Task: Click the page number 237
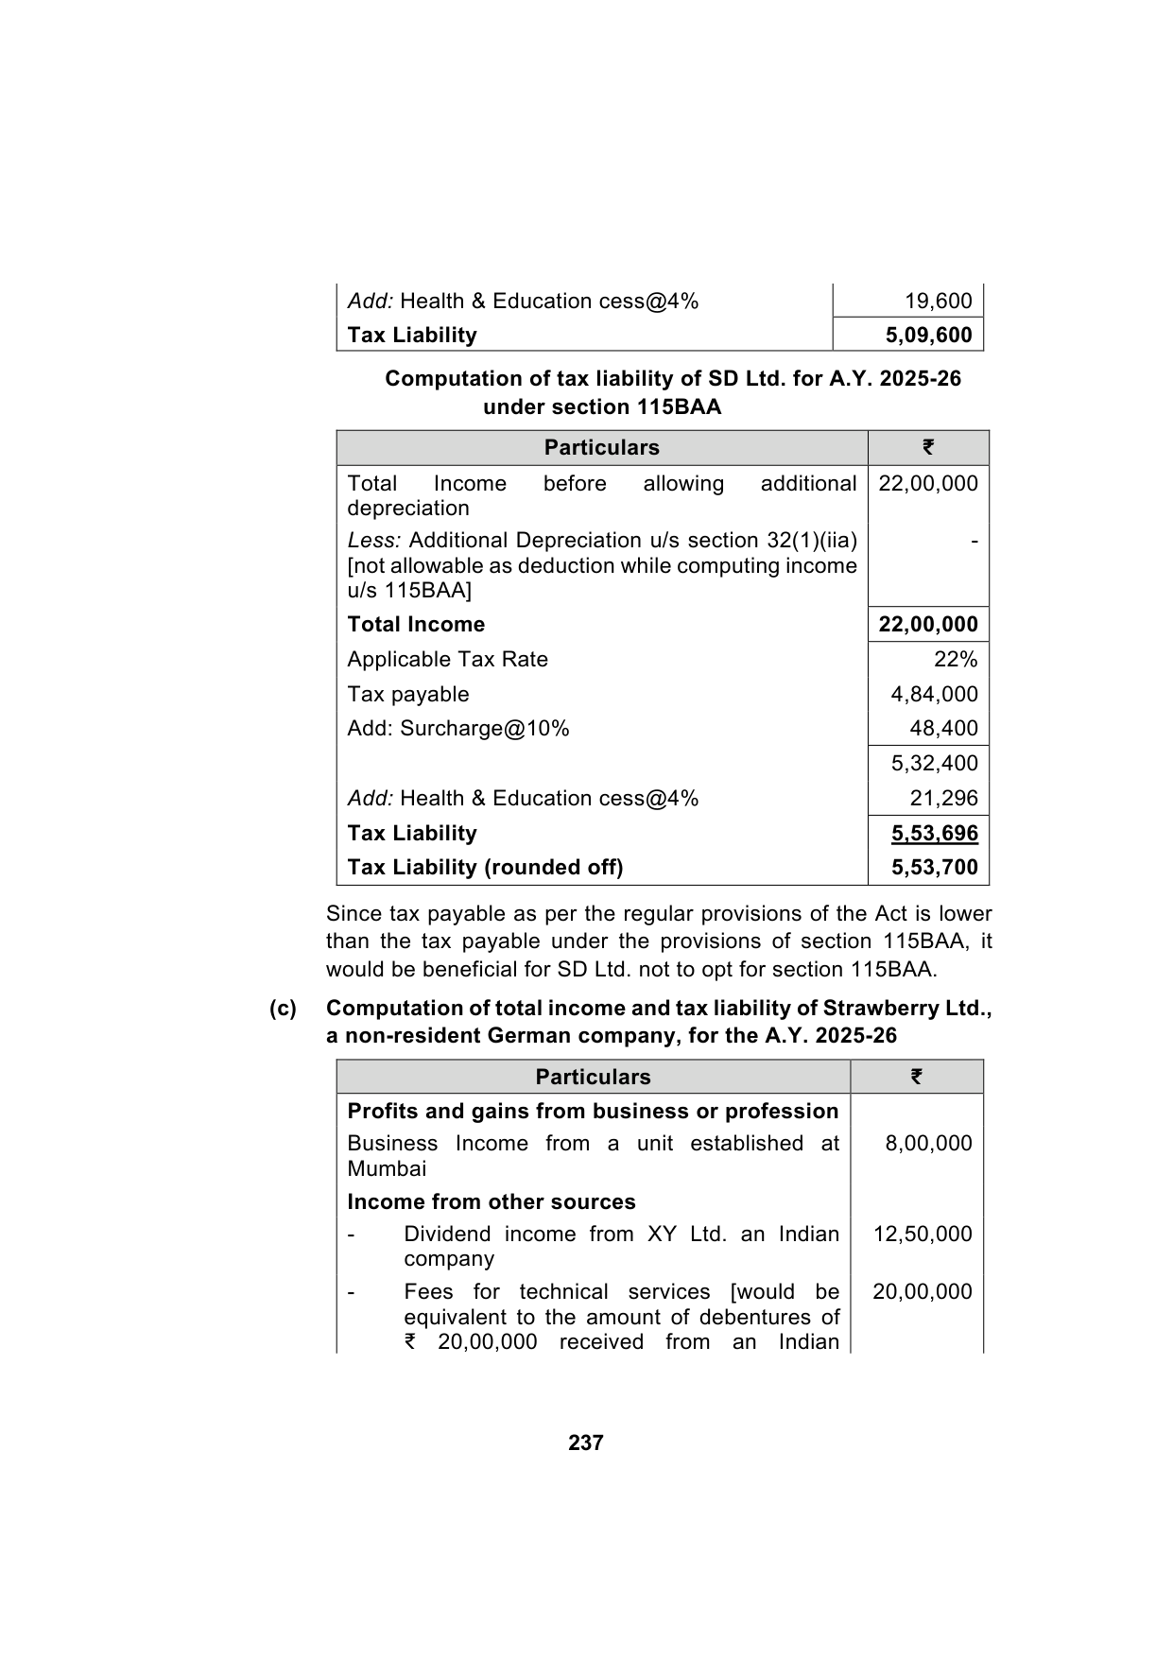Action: [x=586, y=1442]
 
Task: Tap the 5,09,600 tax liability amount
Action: [x=928, y=336]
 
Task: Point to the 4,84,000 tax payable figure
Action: [x=934, y=695]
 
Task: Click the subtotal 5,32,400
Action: [x=934, y=764]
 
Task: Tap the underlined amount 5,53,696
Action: [x=934, y=834]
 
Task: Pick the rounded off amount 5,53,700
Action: [x=934, y=868]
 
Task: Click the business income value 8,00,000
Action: [x=928, y=1144]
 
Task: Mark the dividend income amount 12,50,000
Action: [x=923, y=1235]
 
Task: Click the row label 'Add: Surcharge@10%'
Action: [x=458, y=729]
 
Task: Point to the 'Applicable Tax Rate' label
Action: [x=447, y=660]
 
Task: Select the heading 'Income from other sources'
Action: [x=492, y=1202]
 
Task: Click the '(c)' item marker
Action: [x=283, y=1009]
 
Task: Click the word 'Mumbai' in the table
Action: [x=387, y=1169]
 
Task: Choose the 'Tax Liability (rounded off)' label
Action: [x=485, y=868]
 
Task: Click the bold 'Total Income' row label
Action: [x=416, y=625]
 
